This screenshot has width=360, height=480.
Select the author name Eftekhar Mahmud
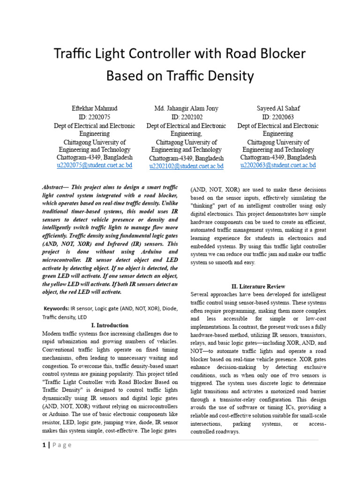(94, 108)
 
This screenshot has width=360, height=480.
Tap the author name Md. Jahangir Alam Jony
(186, 108)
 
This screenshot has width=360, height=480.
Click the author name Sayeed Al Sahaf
(278, 108)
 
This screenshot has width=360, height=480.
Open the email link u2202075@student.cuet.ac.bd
(94, 165)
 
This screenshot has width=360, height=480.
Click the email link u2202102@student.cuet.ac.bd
(186, 166)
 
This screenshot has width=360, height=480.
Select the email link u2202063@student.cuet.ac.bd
(278, 165)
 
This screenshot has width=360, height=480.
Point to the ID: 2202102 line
(186, 117)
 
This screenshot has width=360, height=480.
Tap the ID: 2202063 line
(278, 117)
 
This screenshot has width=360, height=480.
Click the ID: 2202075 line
(94, 117)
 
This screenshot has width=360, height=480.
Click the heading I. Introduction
(110, 325)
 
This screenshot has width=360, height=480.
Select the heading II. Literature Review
(258, 286)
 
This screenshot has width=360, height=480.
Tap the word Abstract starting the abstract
(53, 186)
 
